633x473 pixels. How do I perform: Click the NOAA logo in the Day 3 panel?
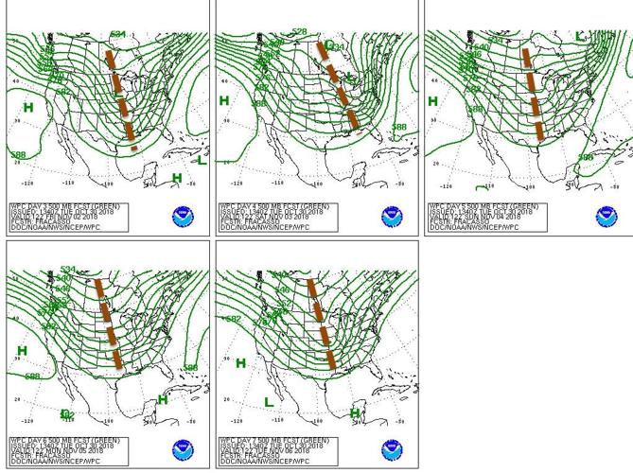coord(183,217)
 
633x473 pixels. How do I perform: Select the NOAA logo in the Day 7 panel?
coord(393,451)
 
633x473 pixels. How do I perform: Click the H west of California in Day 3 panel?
coord(28,108)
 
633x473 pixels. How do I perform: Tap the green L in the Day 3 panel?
coord(202,160)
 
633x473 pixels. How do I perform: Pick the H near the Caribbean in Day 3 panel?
coord(177,178)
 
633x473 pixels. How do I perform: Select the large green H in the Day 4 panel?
coord(224,100)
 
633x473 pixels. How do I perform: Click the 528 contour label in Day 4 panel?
coord(299,32)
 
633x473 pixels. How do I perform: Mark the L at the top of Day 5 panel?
coord(580,37)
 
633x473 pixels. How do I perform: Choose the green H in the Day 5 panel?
coord(433,101)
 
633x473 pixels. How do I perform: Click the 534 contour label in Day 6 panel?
coord(67,271)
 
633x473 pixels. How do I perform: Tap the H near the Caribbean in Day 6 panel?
coord(163,400)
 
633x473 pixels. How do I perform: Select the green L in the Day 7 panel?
coord(269,403)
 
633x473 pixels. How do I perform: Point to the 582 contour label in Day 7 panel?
coord(232,320)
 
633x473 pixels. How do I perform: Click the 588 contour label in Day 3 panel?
coord(17,155)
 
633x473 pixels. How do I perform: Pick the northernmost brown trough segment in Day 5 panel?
coord(527,59)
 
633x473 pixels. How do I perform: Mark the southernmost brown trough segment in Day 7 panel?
coord(331,359)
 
